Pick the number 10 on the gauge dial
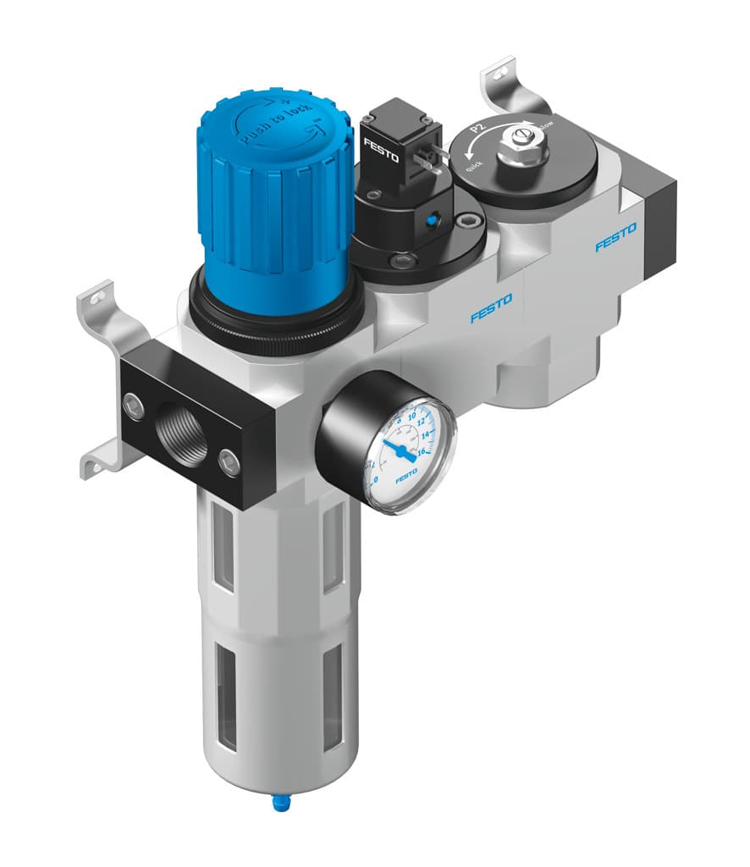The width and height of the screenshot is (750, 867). coord(413,416)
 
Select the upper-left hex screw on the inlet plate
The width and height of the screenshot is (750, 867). coord(133,405)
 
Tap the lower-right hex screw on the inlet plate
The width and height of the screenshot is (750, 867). coord(229,461)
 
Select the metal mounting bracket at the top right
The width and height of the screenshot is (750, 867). coord(508,85)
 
